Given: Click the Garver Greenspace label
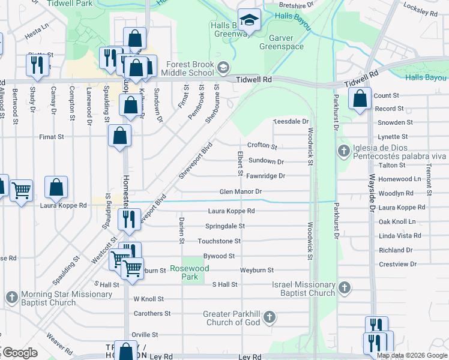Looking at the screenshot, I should [281, 41].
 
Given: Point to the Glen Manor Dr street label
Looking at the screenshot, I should [241, 191].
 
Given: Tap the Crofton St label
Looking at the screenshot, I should [262, 146].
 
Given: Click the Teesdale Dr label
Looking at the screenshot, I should [291, 121].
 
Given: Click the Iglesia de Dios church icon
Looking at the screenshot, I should [344, 149].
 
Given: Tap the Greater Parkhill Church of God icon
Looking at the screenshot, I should [270, 316].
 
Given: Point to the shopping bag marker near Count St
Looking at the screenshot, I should [359, 100].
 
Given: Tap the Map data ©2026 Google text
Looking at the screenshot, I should [412, 355].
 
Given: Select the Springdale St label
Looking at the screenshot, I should [225, 226].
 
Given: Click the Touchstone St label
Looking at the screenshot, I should [219, 241].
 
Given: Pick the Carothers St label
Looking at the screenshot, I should [152, 313].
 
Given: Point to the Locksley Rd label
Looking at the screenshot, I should [421, 11].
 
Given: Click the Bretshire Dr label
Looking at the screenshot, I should [297, 5].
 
